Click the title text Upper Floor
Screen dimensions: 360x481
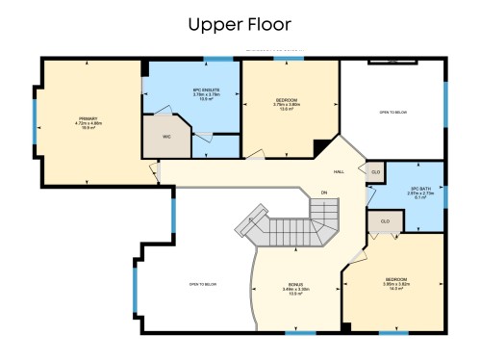click(x=240, y=22)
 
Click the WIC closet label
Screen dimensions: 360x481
click(x=166, y=137)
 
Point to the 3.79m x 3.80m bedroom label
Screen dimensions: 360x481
click(x=288, y=104)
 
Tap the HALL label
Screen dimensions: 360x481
click(x=339, y=171)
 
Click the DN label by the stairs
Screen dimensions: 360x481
click(x=324, y=193)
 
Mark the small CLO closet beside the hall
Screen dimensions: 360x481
click(x=374, y=171)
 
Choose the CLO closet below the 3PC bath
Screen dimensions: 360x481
click(x=385, y=220)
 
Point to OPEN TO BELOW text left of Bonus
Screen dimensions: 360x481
click(x=201, y=284)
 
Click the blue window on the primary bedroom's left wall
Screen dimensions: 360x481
click(x=35, y=120)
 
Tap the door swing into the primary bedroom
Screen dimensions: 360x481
click(x=154, y=170)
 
